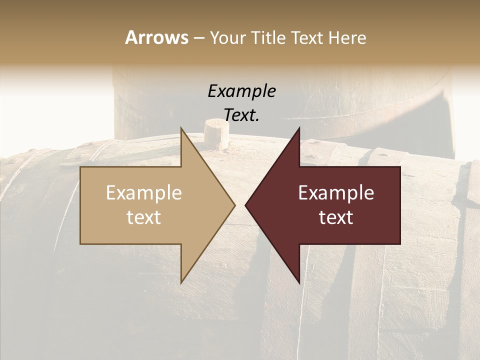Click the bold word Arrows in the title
(156, 37)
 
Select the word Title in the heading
(268, 37)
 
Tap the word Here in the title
(347, 37)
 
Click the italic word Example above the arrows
(241, 91)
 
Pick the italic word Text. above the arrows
(241, 115)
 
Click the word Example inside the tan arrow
(144, 193)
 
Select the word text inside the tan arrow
(144, 217)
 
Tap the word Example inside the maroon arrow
(336, 193)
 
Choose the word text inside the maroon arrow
(336, 217)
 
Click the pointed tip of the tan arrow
(234, 205)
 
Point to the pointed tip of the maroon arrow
(245, 205)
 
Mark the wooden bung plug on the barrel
(217, 134)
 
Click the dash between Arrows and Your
(198, 38)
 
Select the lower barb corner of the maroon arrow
(299, 282)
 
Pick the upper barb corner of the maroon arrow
(299, 128)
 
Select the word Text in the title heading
(306, 37)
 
